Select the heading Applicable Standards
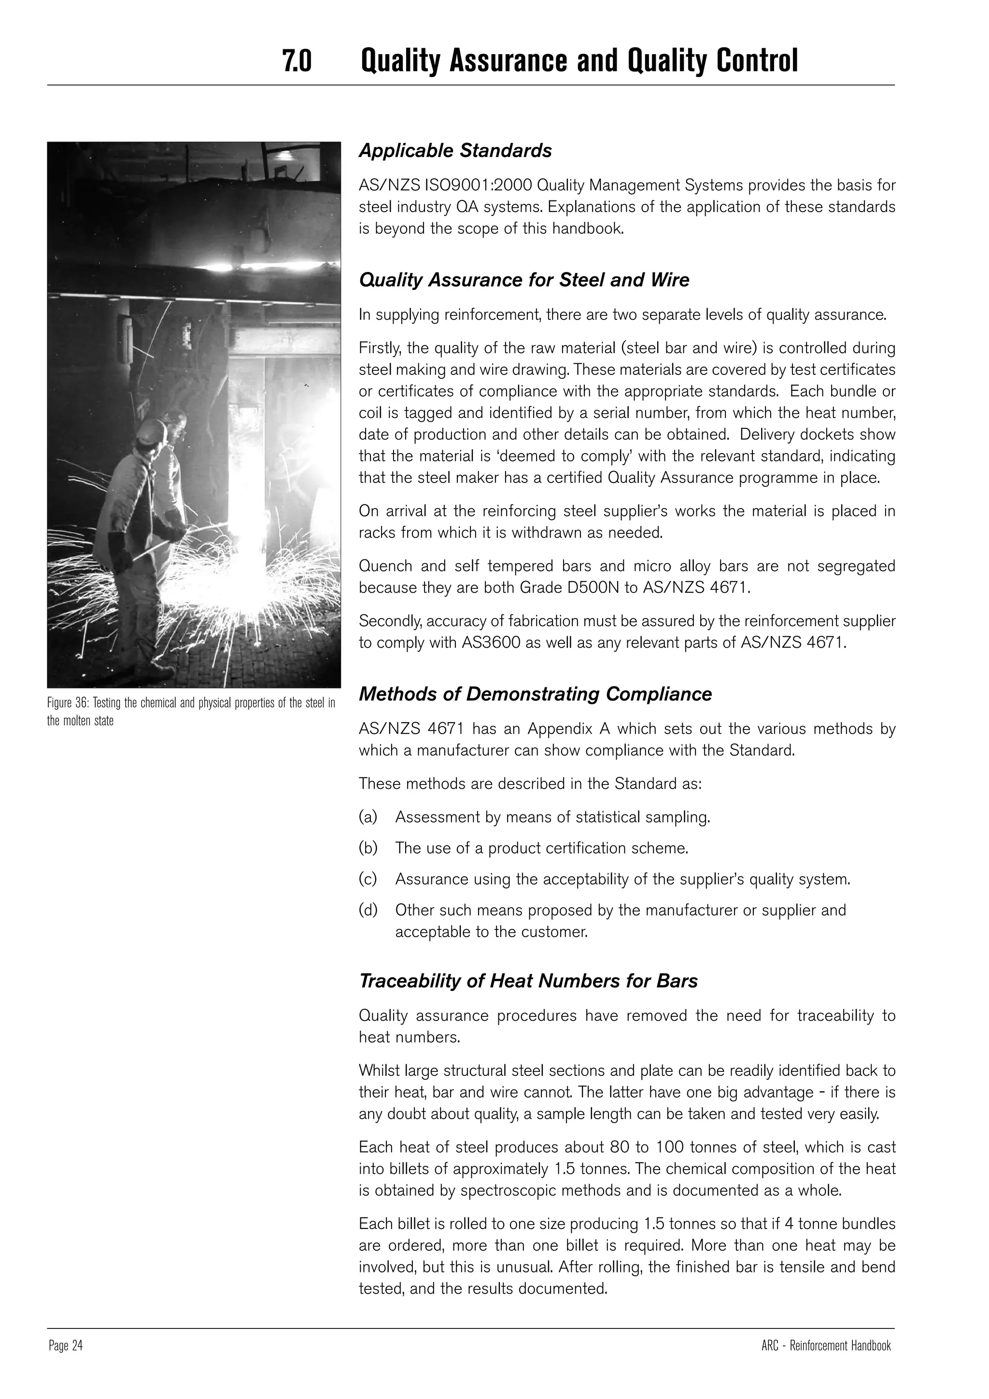pos(455,151)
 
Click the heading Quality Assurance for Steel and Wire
pos(524,280)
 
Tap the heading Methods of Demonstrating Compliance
pos(535,694)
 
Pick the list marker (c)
pos(368,879)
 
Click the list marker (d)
pos(368,910)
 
